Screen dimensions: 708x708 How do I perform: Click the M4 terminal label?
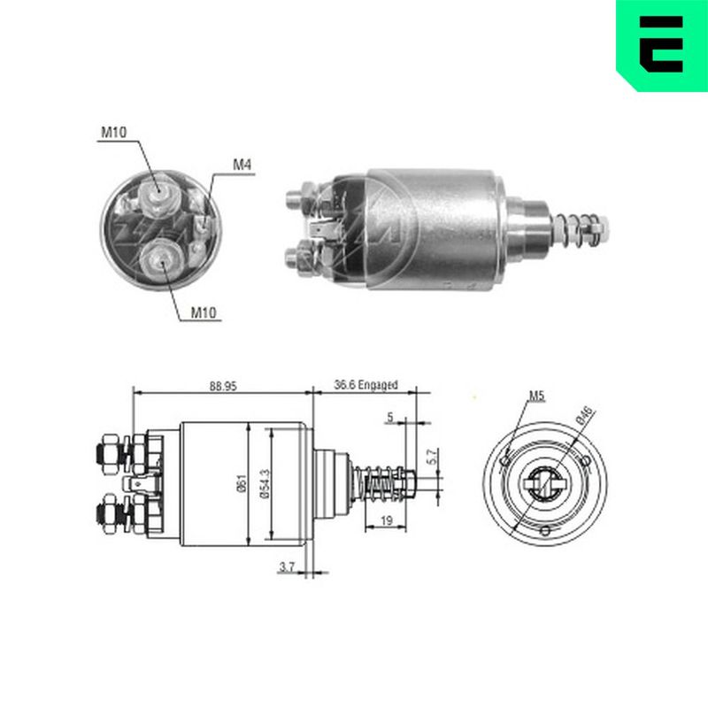(242, 165)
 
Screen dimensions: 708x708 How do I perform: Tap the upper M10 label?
(114, 132)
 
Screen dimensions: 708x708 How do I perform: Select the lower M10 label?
(204, 312)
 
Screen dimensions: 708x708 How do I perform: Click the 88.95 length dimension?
(223, 386)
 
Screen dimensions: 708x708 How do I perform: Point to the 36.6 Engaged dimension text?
(366, 385)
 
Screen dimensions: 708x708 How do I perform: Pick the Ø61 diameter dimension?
(242, 483)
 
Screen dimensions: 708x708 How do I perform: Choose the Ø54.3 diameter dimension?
(265, 483)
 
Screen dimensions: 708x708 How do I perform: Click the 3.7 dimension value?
(287, 566)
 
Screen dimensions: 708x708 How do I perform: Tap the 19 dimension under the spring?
(387, 520)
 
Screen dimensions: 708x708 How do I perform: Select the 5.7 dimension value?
(432, 457)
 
